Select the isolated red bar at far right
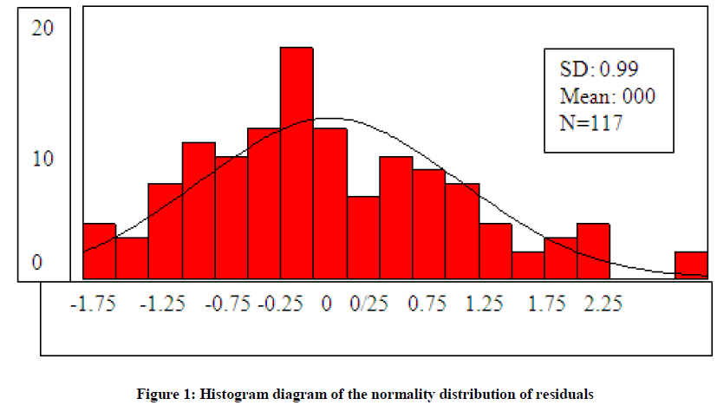[x=691, y=265]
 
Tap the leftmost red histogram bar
[x=99, y=251]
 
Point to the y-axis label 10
[x=42, y=160]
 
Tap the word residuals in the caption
[x=567, y=393]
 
